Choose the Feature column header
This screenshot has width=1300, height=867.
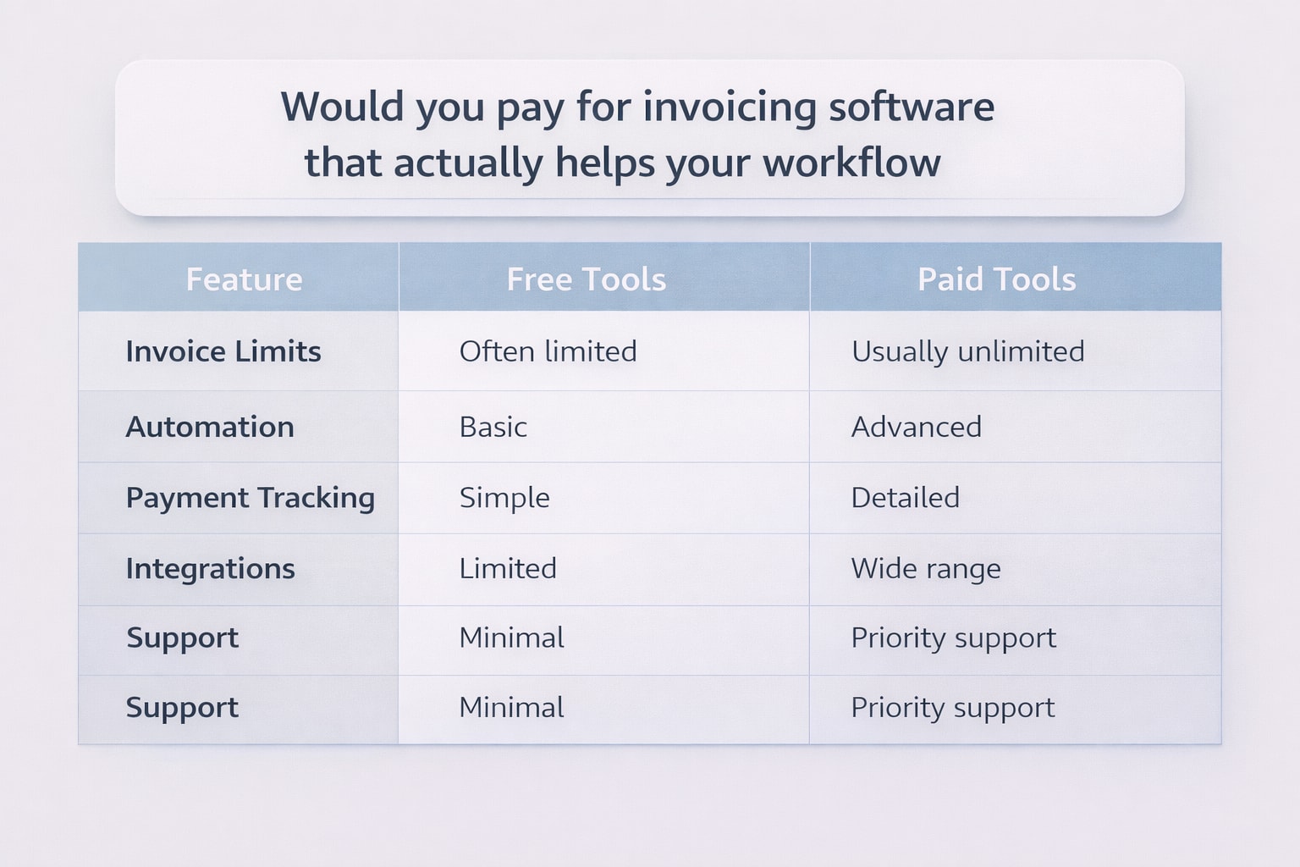coord(244,279)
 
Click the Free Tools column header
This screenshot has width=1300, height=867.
coord(586,279)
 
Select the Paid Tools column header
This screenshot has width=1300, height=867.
coord(996,279)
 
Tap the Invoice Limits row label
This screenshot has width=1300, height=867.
coord(223,351)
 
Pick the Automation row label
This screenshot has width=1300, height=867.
coord(210,427)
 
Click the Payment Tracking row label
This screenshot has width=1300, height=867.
coord(250,498)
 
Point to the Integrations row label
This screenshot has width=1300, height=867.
coord(210,568)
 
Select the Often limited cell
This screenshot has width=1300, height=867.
coord(548,351)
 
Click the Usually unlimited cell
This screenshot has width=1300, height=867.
coord(967,351)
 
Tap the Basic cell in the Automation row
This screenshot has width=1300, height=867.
coord(493,427)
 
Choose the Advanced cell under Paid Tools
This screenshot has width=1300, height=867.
coord(916,427)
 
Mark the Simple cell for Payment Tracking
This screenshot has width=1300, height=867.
coord(504,498)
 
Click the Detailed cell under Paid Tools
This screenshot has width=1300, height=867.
coord(905,498)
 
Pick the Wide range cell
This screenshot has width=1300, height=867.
coord(925,568)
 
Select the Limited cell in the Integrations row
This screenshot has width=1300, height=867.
coord(508,568)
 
